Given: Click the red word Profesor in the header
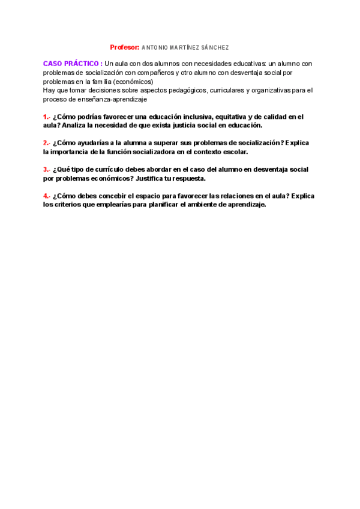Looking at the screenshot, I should point(124,47).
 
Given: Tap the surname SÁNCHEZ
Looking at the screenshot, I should point(215,47).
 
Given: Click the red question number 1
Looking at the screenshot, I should point(46,117).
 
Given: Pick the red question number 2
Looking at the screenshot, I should point(46,143).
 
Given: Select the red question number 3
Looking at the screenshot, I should point(46,170).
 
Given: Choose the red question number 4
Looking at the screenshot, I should point(46,196).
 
